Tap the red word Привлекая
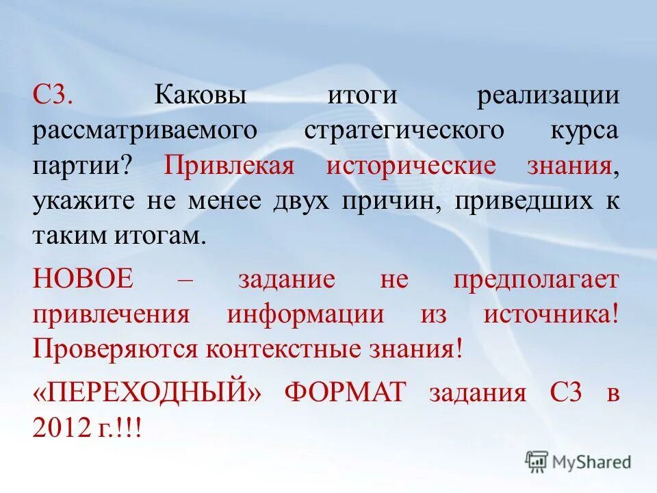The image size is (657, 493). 229,165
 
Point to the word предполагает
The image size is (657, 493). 536,279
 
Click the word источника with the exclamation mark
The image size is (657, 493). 552,314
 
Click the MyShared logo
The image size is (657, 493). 578,461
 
